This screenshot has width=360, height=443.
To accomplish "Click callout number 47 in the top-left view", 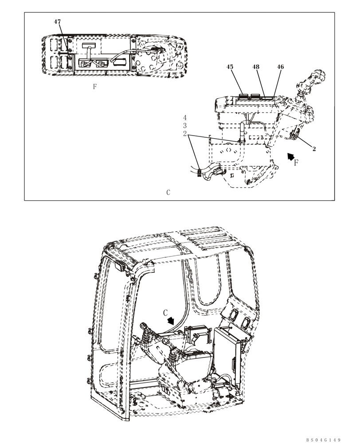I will pos(58,22).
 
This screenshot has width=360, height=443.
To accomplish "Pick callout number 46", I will pos(280,67).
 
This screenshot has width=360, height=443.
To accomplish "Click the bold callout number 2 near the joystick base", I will pos(314,149).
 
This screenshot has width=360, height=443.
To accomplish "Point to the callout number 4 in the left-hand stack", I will pos(185,118).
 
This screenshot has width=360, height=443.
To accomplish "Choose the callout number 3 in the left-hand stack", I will pos(185,126).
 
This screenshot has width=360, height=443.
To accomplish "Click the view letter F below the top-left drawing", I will pos(94,87).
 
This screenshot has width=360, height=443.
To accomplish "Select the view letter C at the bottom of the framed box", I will pos(168,193).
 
